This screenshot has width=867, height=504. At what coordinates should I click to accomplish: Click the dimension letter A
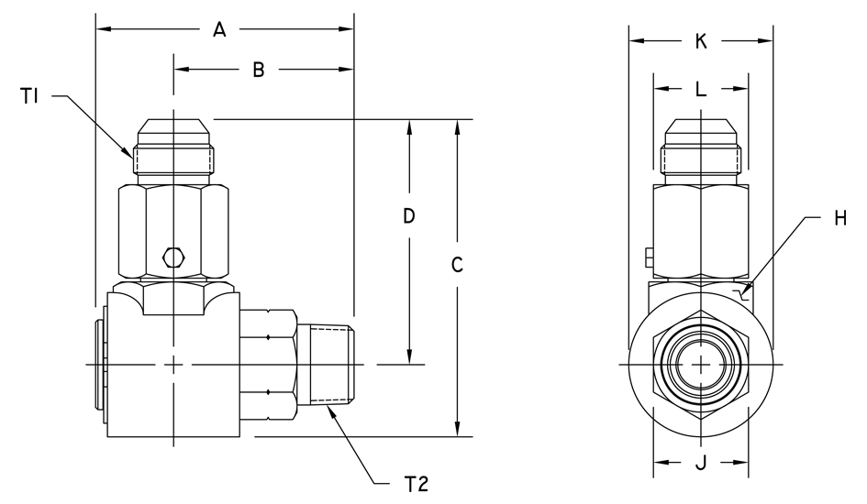219,30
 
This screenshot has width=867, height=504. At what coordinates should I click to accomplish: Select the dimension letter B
258,70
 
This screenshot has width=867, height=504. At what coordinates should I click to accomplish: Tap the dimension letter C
457,265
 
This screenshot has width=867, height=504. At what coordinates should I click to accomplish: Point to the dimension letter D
408,216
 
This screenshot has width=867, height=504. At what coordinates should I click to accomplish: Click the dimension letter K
701,41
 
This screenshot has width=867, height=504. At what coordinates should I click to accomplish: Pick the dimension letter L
701,88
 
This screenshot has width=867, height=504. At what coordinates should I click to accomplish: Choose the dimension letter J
701,463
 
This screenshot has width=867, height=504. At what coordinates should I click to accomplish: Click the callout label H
840,219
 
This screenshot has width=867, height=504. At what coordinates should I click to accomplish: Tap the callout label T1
29,96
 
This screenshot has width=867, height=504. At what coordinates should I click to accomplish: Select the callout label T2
417,484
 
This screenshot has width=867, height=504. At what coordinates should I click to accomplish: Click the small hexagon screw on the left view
173,257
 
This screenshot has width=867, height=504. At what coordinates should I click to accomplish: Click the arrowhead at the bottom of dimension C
457,428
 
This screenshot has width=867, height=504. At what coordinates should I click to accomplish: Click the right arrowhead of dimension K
765,41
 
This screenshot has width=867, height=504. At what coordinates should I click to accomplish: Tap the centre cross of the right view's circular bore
701,365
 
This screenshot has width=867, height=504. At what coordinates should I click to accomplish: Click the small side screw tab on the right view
650,258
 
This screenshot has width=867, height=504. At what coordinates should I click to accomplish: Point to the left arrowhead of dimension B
182,69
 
